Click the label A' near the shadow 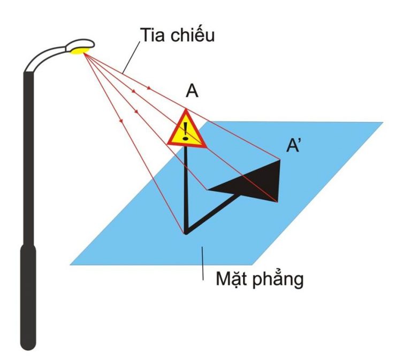pos(294,146)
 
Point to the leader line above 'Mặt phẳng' pos(203,262)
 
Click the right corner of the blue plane pos(383,123)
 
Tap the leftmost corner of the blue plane pos(71,264)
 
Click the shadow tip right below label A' pos(280,160)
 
